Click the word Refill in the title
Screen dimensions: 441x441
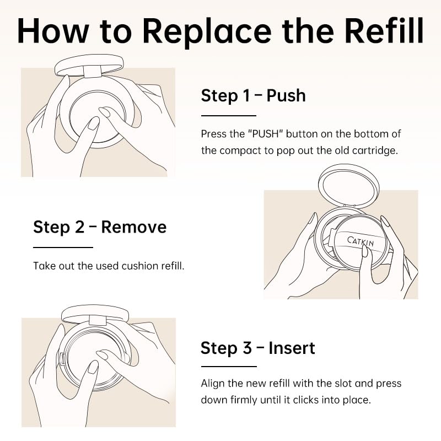(x=384, y=30)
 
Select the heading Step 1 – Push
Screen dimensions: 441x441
(x=253, y=95)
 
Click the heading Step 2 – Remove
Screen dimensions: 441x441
(x=100, y=227)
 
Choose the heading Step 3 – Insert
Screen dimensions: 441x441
(x=257, y=348)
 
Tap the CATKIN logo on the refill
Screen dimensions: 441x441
(x=361, y=241)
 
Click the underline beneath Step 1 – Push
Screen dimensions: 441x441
(x=228, y=116)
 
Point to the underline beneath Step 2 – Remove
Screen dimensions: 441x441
(x=63, y=248)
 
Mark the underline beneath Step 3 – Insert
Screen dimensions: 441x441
(x=229, y=367)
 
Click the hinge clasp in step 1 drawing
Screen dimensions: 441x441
(x=93, y=72)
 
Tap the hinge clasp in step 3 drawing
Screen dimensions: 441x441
(x=98, y=321)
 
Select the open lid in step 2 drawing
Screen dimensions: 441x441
(x=349, y=186)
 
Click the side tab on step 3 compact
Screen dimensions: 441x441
(x=62, y=359)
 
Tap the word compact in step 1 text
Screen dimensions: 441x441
(x=241, y=151)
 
